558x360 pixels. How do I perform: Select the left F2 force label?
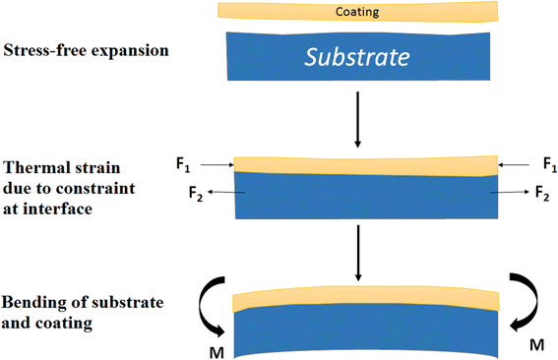click(x=197, y=191)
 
